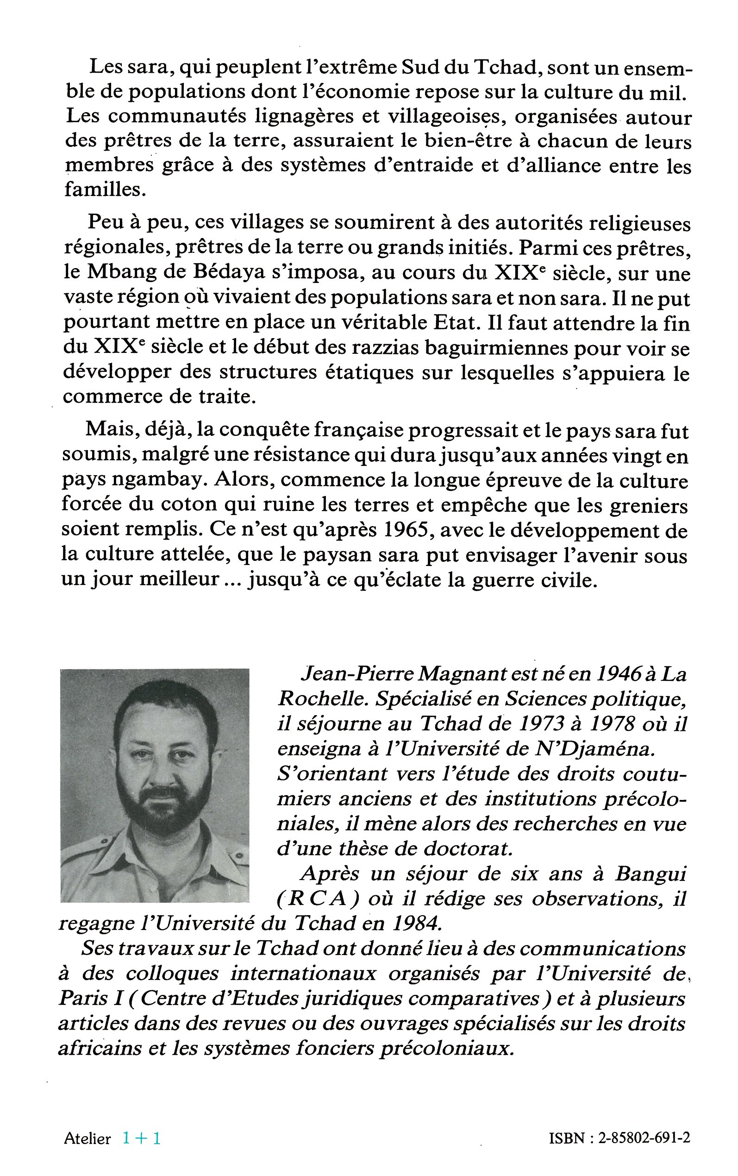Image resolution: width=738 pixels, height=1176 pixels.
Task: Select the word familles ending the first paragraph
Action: click(x=105, y=190)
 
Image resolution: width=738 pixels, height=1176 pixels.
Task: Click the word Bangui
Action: click(x=650, y=874)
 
